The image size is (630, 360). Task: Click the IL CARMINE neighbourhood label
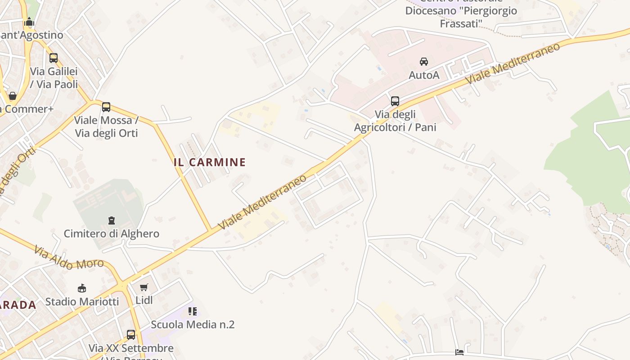[210, 162]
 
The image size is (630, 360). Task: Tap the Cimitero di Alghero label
[112, 234]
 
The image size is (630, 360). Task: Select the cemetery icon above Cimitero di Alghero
[111, 220]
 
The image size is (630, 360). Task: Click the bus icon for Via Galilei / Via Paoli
[54, 58]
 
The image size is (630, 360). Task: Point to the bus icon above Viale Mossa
[106, 107]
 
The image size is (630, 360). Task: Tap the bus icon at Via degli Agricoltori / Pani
[395, 101]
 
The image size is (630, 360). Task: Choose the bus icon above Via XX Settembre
[131, 335]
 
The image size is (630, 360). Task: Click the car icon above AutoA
[423, 62]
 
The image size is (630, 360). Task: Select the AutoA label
[424, 75]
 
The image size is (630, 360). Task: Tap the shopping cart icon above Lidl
[144, 287]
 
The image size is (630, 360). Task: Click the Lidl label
[144, 300]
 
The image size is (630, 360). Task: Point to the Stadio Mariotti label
[82, 301]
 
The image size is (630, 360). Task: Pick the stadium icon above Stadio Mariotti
[81, 288]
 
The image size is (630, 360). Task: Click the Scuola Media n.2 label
[193, 324]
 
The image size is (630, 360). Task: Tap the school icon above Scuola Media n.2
[193, 311]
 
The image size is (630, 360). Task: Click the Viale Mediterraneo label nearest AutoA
[513, 63]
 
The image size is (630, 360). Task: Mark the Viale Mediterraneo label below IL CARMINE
[262, 202]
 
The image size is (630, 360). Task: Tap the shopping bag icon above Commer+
[13, 96]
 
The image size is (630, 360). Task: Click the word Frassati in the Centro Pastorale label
[461, 23]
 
